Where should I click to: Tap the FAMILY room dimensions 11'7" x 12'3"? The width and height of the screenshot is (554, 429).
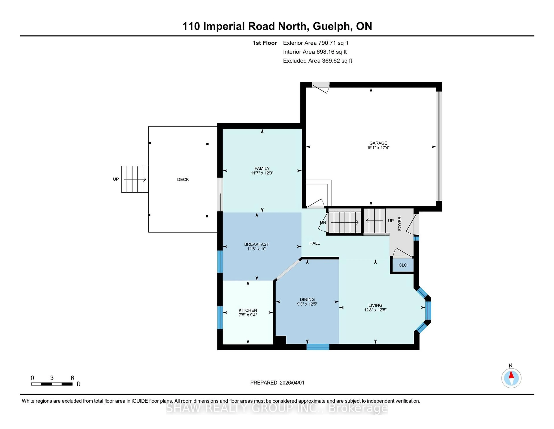(262, 173)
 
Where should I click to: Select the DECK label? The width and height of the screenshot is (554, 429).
(183, 179)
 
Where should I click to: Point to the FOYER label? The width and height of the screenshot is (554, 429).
(400, 224)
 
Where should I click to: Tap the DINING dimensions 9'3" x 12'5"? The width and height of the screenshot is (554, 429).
(307, 304)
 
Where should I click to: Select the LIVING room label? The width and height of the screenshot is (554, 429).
(375, 305)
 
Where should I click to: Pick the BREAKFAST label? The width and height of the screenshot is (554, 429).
(257, 244)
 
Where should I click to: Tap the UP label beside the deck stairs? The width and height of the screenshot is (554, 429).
(116, 179)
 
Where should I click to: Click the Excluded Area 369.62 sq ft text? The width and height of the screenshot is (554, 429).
(317, 61)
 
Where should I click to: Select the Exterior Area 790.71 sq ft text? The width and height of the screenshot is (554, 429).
(316, 43)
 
